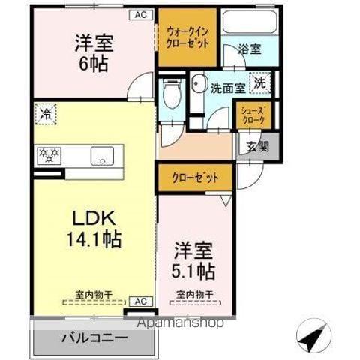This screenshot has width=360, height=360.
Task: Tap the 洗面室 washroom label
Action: (227, 86)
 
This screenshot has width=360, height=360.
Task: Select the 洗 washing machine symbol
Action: (259, 83)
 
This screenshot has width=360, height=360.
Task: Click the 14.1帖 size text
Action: (92, 240)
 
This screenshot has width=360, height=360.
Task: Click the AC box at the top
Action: (141, 14)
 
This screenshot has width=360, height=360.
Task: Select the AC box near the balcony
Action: (140, 301)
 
